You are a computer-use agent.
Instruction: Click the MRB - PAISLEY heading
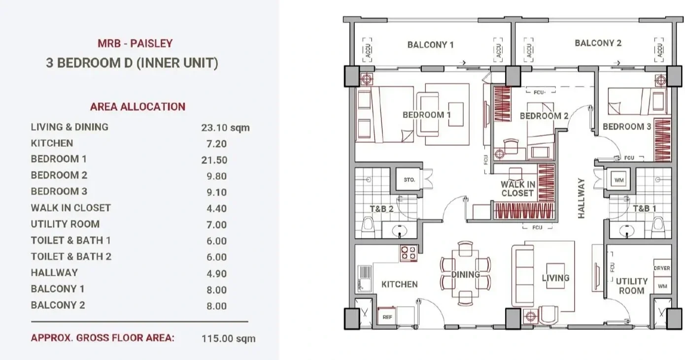click(135, 43)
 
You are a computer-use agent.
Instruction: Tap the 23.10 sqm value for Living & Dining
click(225, 128)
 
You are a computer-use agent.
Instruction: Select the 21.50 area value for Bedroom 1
click(214, 160)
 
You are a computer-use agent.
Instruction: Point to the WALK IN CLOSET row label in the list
click(70, 208)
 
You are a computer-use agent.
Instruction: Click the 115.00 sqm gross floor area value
click(229, 339)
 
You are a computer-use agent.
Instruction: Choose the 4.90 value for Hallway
click(216, 273)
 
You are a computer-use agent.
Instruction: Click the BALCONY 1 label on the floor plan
click(431, 45)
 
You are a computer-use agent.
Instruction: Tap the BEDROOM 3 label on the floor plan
click(627, 127)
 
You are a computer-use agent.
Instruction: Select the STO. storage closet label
click(409, 180)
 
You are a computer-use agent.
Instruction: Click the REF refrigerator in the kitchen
click(387, 317)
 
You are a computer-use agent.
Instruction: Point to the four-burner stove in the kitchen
click(409, 253)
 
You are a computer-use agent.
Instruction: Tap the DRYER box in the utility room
click(662, 268)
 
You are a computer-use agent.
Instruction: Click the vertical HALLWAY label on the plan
click(582, 198)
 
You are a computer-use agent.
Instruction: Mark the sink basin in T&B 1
click(626, 231)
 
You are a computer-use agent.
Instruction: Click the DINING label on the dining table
click(466, 274)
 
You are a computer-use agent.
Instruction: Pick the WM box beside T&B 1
click(619, 180)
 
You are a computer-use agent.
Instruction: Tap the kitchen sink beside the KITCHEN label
click(365, 279)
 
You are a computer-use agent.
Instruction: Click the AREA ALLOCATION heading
click(137, 107)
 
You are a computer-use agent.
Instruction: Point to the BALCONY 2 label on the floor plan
click(598, 43)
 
